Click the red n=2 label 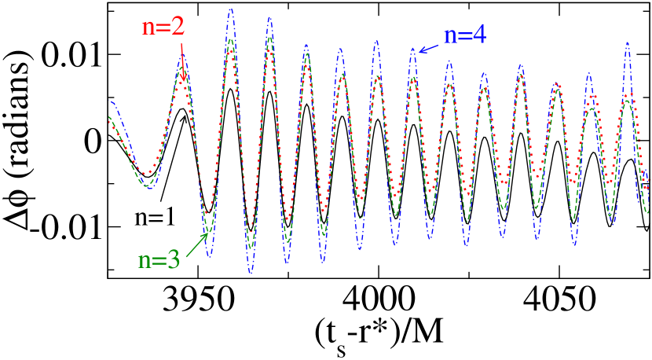pos(163,26)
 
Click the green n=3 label pos(159,260)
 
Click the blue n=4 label pos(465,35)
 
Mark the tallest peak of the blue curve pos(231,9)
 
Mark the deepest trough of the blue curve pos(251,272)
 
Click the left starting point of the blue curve pos(109,101)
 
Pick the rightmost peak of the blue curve pos(628,43)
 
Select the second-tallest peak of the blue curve pos(269,17)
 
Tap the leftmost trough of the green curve pos(147,187)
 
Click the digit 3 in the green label pos(172,260)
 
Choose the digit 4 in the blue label pos(479,35)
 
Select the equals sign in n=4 pos(464,36)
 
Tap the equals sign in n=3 pos(158,261)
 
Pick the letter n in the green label pos(145,261)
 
